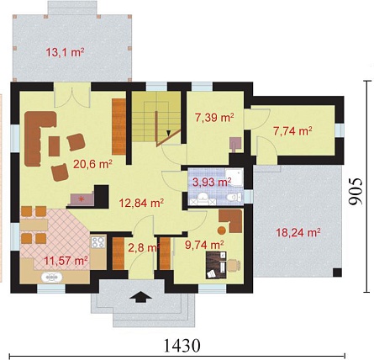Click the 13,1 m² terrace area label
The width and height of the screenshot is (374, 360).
(x=65, y=52)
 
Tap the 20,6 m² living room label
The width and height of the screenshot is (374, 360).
(x=92, y=164)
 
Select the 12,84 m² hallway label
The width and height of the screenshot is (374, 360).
(x=141, y=203)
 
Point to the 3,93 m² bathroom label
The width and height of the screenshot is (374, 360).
(x=212, y=183)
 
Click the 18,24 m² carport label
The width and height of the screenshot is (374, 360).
(x=298, y=232)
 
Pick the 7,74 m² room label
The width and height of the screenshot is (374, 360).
(x=292, y=131)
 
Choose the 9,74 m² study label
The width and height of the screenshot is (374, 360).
(x=204, y=245)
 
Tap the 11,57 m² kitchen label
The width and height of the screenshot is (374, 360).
(x=66, y=261)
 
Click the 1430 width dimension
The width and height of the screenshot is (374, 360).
(x=182, y=346)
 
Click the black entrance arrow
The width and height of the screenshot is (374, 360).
(x=140, y=297)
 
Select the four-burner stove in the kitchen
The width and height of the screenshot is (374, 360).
(x=97, y=242)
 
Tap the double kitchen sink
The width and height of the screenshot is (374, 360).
(x=52, y=278)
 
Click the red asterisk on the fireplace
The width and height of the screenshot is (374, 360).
(x=82, y=199)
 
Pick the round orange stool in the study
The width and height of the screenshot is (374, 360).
(x=222, y=230)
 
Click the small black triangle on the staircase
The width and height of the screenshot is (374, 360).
(x=168, y=134)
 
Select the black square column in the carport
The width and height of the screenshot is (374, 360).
(x=337, y=273)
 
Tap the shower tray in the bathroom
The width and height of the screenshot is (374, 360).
(x=234, y=177)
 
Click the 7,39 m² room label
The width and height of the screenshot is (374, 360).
(x=214, y=118)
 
